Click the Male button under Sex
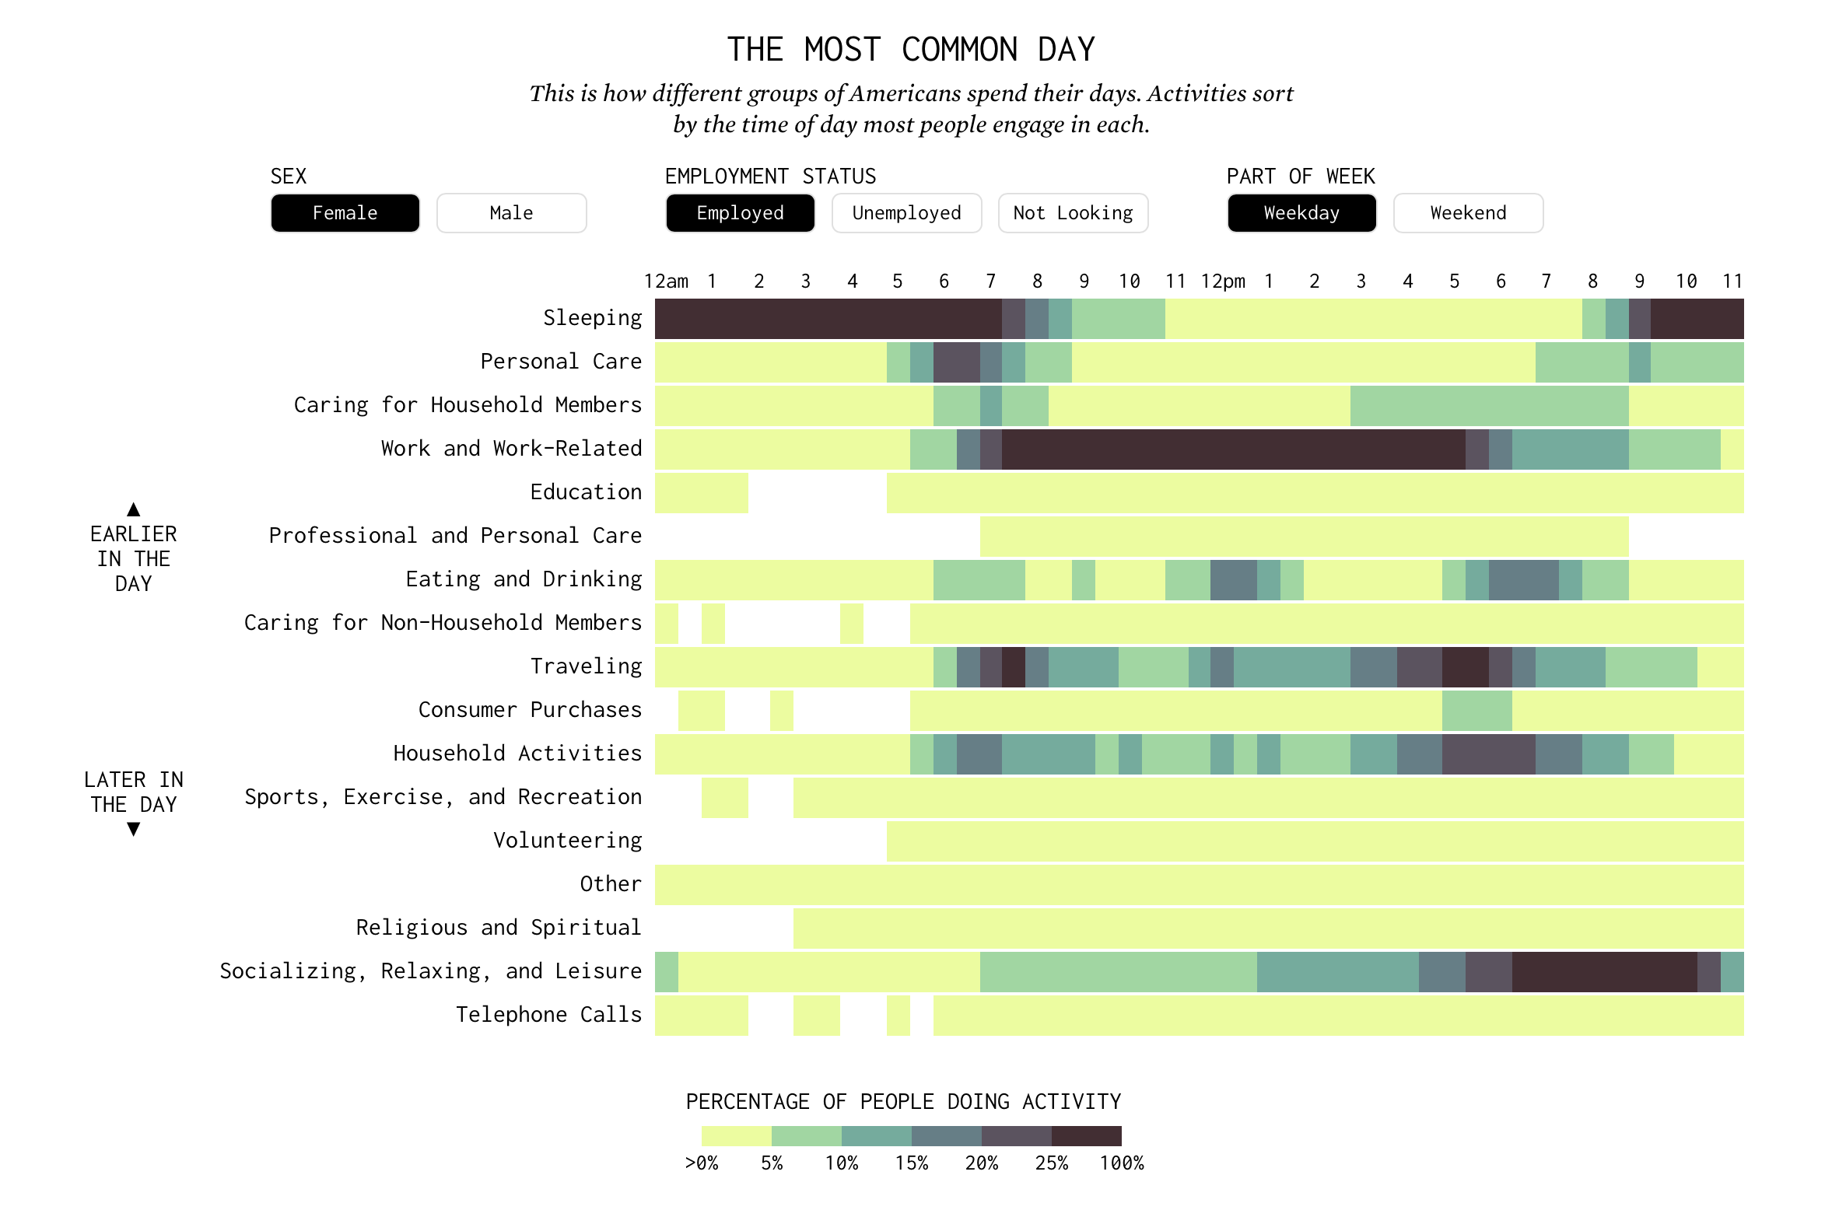coord(511,213)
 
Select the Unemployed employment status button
coord(906,213)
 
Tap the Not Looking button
coord(1073,213)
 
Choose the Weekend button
coord(1468,213)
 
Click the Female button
coord(345,213)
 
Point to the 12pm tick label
coord(1222,282)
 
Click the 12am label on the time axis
coord(666,282)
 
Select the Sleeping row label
coord(592,318)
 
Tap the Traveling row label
coord(586,666)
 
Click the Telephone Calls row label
coord(548,1015)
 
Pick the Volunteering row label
coord(567,841)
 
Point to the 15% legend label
coord(911,1163)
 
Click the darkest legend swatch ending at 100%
coord(1086,1136)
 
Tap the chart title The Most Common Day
coord(911,50)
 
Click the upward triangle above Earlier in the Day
coord(134,509)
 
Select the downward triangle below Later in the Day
coord(134,830)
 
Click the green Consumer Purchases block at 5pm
coord(1476,710)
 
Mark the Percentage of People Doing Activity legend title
coord(903,1102)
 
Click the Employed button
coord(740,213)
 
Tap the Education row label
coord(586,492)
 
